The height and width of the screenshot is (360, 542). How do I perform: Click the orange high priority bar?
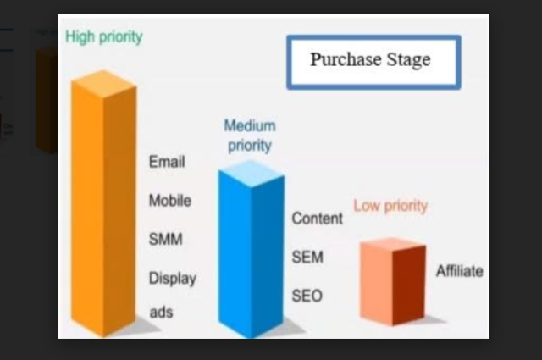[103, 203]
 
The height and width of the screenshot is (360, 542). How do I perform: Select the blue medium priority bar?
[252, 249]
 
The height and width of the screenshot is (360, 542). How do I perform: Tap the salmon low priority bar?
[393, 282]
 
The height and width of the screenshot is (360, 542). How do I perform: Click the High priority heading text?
[104, 37]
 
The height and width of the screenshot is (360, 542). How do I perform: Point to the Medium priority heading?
[250, 136]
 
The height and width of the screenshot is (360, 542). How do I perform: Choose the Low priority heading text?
[390, 206]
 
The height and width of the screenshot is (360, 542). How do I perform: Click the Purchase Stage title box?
[373, 62]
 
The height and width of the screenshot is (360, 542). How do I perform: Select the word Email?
[167, 162]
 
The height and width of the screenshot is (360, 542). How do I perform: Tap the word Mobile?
[170, 201]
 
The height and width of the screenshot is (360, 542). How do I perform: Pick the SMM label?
[166, 240]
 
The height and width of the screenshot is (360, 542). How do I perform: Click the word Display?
[173, 279]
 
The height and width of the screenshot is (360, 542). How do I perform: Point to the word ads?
[162, 313]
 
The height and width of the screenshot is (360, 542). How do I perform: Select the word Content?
[318, 219]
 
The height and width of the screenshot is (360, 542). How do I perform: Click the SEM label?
[307, 258]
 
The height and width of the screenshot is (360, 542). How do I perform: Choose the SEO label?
[307, 296]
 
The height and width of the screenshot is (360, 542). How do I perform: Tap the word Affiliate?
[460, 271]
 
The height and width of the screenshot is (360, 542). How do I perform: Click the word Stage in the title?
[408, 59]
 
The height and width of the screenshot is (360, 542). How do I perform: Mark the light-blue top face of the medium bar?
[252, 174]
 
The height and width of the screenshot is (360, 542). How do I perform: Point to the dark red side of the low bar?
[409, 285]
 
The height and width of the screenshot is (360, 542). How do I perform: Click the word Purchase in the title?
[346, 59]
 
